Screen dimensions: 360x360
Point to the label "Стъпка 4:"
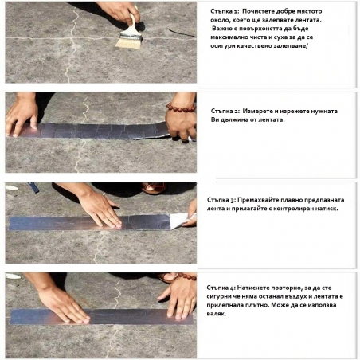[224, 286]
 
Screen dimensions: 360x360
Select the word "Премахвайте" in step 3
[260, 198]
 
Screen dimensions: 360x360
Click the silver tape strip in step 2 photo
[96, 131]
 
